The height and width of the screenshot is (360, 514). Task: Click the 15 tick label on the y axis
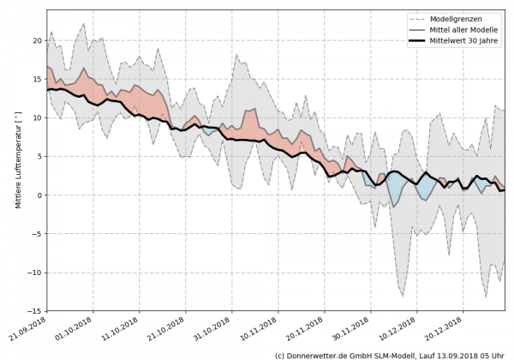point(38,79)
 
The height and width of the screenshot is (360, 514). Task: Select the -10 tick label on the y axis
point(35,273)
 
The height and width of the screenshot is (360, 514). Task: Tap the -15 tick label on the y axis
point(35,311)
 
